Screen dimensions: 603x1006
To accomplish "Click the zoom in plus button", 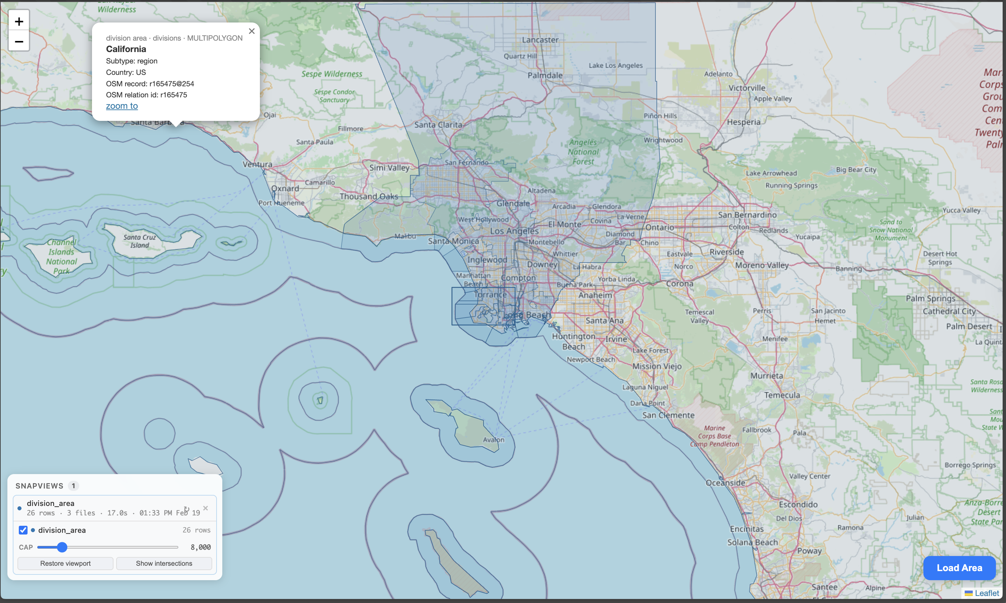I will click(19, 21).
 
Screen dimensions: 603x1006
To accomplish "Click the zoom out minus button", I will click(19, 41).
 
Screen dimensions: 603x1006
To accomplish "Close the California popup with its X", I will click(251, 31).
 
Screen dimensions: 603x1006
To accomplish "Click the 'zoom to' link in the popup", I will click(122, 106).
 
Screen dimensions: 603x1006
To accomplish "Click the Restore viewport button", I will click(65, 563).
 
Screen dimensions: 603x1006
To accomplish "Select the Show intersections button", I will click(164, 563).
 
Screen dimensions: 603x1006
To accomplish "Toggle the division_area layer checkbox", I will click(23, 530).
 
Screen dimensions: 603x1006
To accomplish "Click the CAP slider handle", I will click(62, 547).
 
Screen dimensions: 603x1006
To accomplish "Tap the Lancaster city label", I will click(540, 40).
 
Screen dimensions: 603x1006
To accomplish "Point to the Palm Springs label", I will click(930, 299).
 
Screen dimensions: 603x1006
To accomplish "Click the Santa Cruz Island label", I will click(140, 241).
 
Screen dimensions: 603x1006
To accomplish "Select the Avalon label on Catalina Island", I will click(493, 439).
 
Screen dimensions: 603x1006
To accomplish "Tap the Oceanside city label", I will click(725, 483).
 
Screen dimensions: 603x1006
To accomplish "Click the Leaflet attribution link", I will click(987, 593).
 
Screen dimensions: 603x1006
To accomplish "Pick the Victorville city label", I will click(746, 88).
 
